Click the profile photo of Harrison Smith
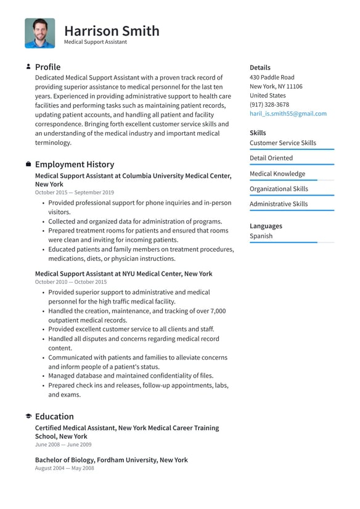click(x=40, y=33)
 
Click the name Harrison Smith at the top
click(x=112, y=30)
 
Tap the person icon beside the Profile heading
click(x=28, y=67)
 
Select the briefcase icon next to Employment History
click(x=28, y=164)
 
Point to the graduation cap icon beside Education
click(x=28, y=416)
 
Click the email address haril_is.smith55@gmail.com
click(x=288, y=114)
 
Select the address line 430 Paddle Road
click(x=272, y=77)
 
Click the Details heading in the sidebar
click(x=260, y=67)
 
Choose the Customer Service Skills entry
click(x=282, y=143)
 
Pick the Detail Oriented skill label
click(x=271, y=158)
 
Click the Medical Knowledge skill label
click(x=277, y=173)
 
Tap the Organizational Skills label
click(x=279, y=189)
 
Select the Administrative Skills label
click(x=278, y=204)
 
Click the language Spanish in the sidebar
click(x=261, y=236)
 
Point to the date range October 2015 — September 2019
click(x=75, y=192)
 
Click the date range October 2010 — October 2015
click(x=71, y=282)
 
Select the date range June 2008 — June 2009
click(x=63, y=444)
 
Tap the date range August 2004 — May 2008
click(x=64, y=468)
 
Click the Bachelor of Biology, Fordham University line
click(x=111, y=460)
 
